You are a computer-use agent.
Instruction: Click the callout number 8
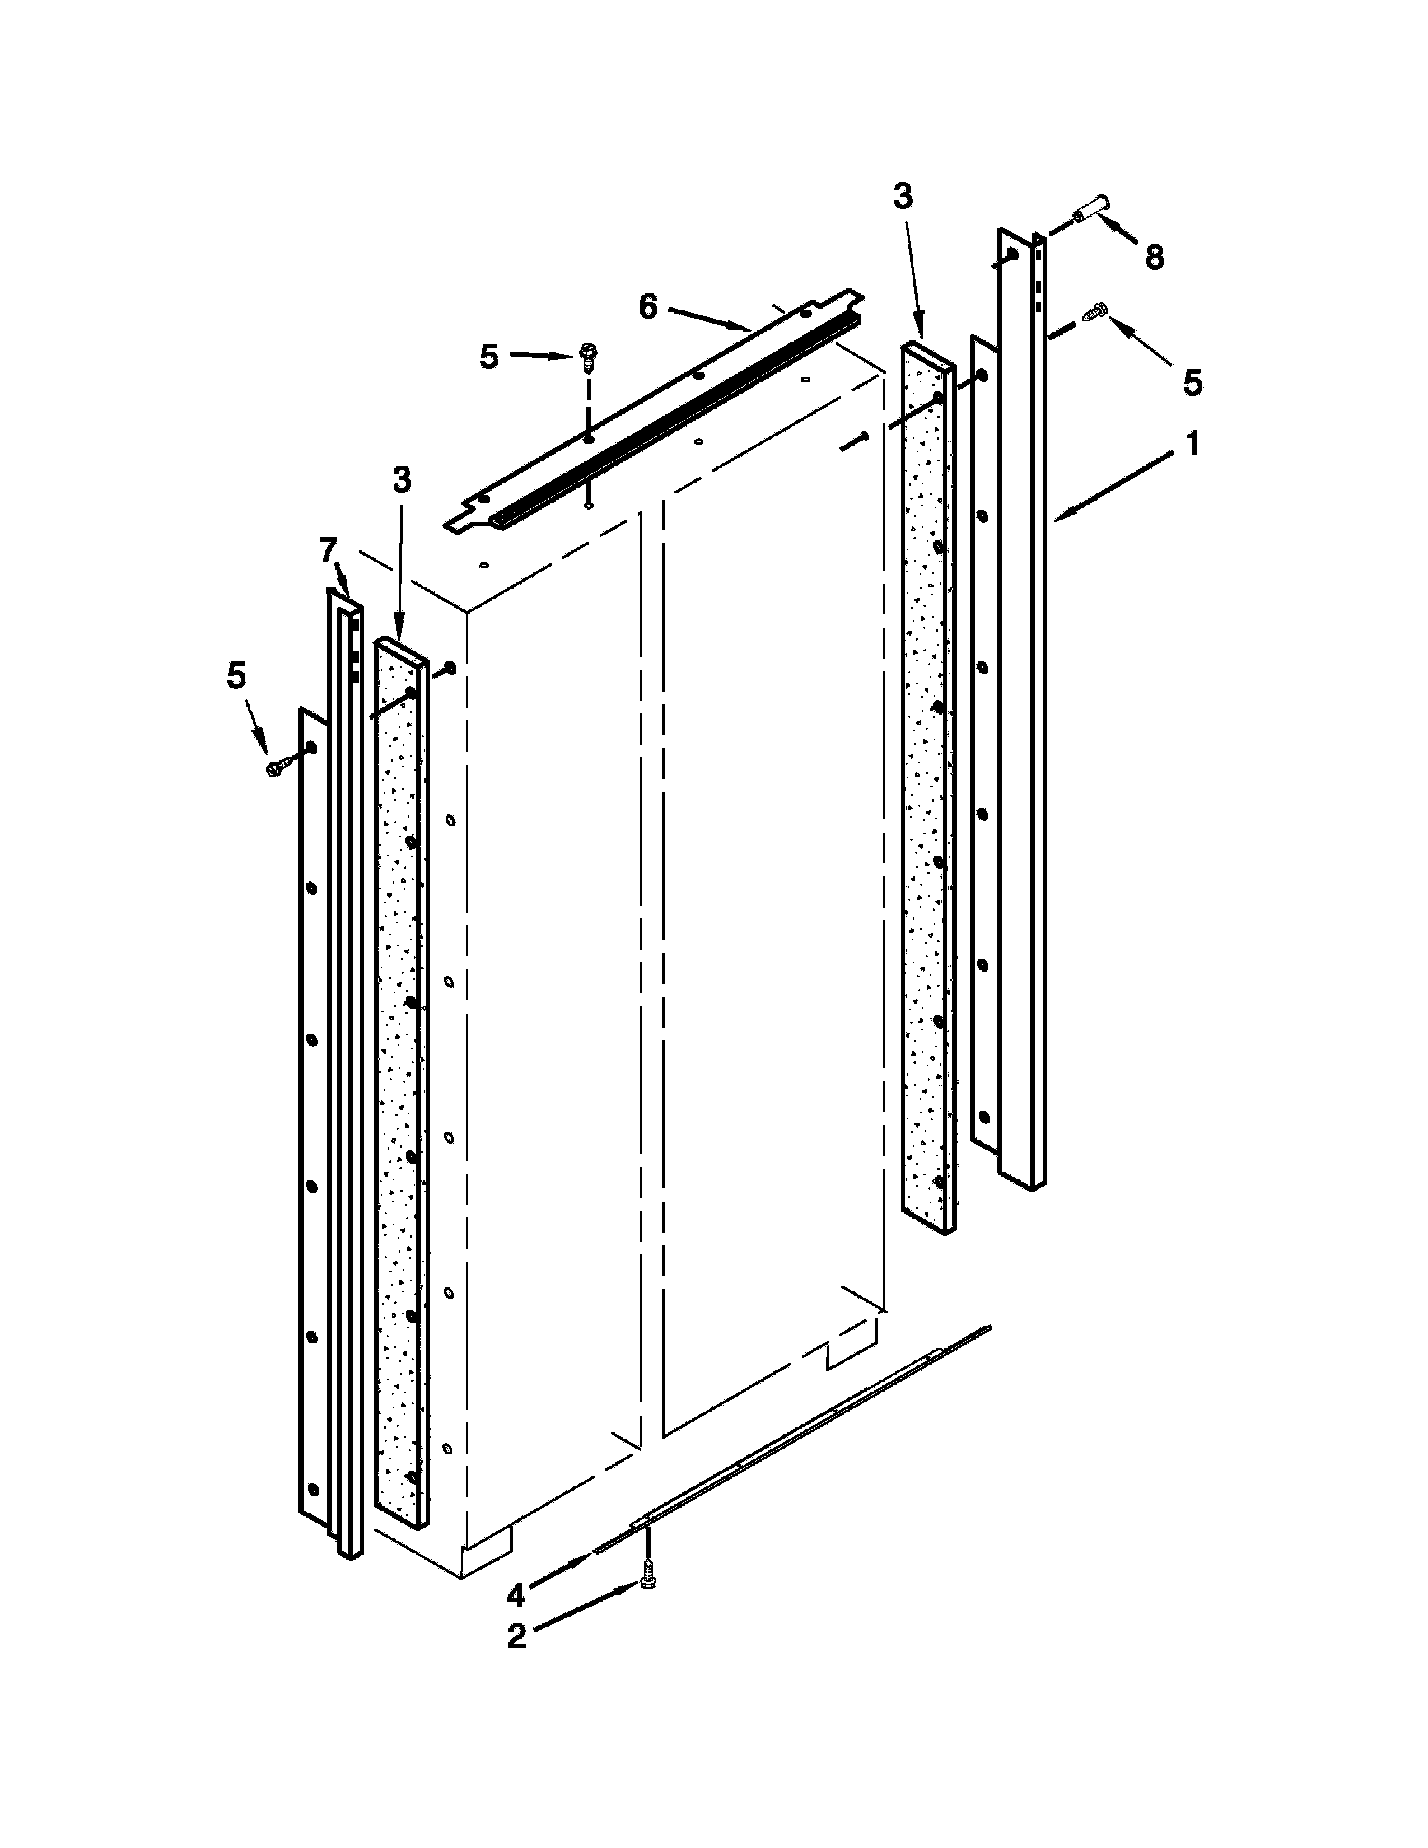pyautogui.click(x=1154, y=256)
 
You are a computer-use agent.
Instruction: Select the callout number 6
pyautogui.click(x=648, y=307)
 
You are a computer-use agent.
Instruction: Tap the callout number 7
pyautogui.click(x=328, y=551)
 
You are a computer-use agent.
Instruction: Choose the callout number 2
pyautogui.click(x=517, y=1636)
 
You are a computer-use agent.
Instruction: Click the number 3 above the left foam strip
pyautogui.click(x=402, y=480)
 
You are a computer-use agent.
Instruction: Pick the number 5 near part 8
pyautogui.click(x=1192, y=383)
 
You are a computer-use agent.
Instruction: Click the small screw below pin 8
pyautogui.click(x=1095, y=312)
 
